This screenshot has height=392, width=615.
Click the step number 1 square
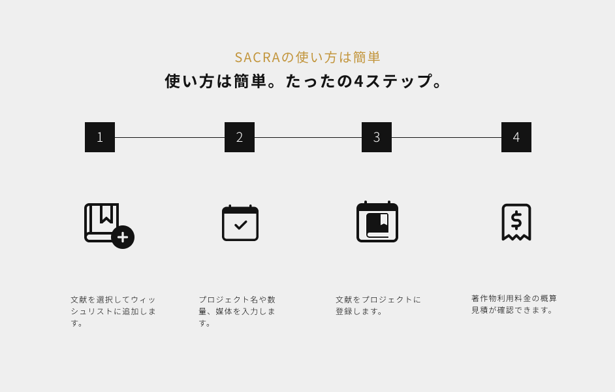coord(100,137)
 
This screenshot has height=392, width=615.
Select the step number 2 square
coord(240,137)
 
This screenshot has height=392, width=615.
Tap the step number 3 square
coord(377,137)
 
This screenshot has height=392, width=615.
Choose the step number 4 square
coord(516,137)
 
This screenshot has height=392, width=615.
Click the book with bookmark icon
coord(101,222)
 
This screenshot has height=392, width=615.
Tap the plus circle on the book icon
coord(123,237)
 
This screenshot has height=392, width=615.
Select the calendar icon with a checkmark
coord(240,223)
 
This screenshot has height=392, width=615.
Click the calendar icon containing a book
coord(377,221)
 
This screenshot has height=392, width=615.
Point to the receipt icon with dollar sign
coord(516,222)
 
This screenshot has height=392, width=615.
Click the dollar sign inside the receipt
coord(516,220)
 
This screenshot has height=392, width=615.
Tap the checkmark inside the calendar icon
coord(241,225)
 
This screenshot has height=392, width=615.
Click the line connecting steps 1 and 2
coord(170,137)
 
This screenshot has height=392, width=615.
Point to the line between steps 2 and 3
coord(308,137)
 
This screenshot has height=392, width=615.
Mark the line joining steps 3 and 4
coord(447,137)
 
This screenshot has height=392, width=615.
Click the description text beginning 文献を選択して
coord(114,311)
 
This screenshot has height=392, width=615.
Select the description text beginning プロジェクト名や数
coord(238,311)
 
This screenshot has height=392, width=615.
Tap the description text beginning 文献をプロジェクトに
coord(379,305)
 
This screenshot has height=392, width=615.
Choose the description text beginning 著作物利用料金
coord(514,304)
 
